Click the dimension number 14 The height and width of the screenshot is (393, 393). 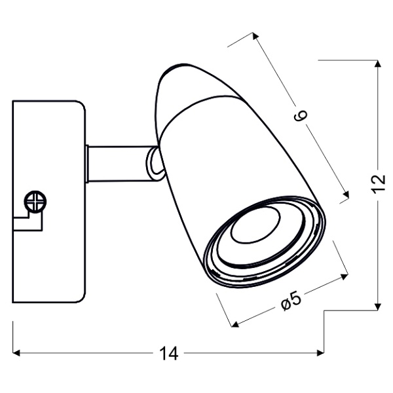[169, 354]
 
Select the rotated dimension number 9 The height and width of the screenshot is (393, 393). [299, 117]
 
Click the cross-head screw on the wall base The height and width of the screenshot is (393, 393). [35, 200]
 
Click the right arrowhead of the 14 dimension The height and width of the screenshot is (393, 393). [322, 354]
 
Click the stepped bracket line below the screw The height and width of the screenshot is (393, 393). [29, 223]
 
